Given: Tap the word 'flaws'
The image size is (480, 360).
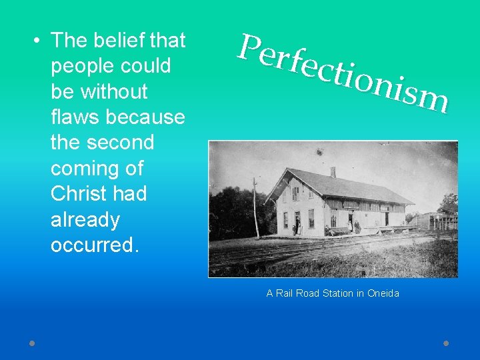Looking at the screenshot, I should [73, 117].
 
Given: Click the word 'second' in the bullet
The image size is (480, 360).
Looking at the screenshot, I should [122, 143].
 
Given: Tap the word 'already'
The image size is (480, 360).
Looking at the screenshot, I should [85, 220].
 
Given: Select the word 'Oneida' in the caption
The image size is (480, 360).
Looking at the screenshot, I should [383, 293].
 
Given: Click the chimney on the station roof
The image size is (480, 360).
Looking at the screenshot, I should [333, 172].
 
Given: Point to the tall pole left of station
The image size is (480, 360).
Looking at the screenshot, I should [255, 207].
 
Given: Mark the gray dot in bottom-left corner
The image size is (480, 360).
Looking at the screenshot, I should [32, 343].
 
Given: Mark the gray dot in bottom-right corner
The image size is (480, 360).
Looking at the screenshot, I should [446, 343].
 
